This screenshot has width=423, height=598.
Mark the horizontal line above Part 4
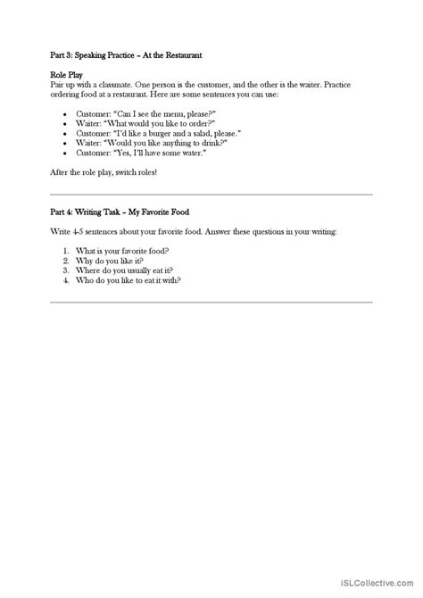[x=211, y=195]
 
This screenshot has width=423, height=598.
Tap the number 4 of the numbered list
[x=67, y=280]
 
